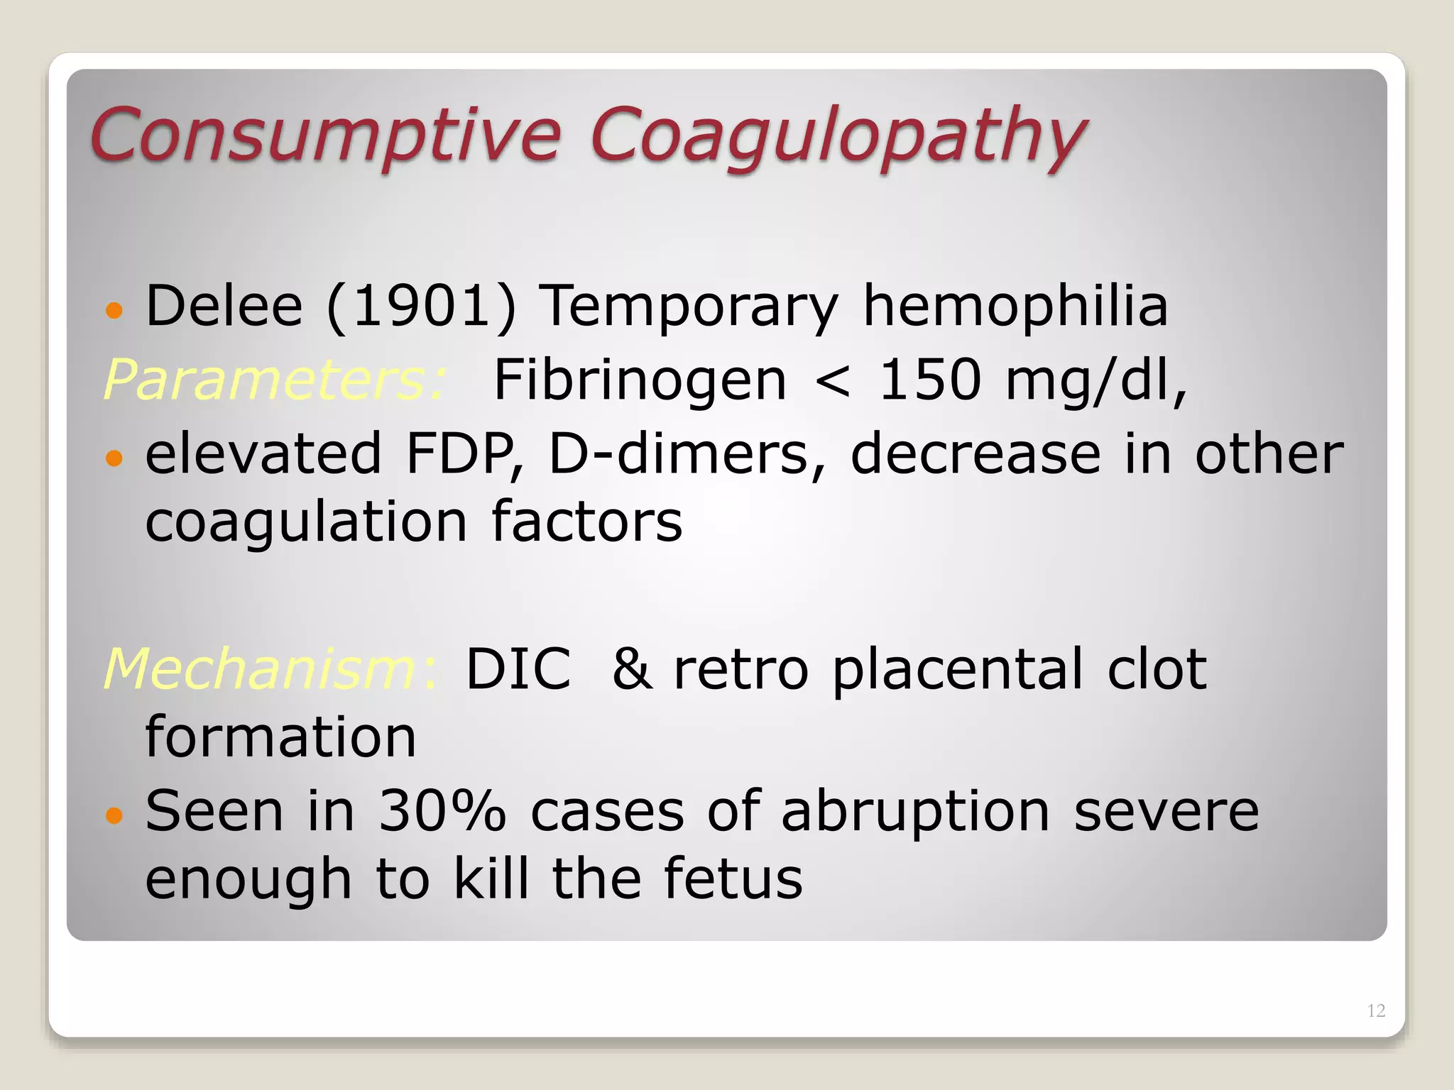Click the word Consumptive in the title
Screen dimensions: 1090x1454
click(325, 135)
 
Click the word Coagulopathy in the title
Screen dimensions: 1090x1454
click(838, 136)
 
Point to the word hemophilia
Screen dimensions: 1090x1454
click(1015, 307)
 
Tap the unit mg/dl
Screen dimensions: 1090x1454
click(1095, 381)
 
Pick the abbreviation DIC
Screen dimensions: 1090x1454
click(518, 668)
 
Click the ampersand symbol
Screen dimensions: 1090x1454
click(632, 668)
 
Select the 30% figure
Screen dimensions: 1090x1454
click(442, 811)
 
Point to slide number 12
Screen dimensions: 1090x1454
click(1376, 1011)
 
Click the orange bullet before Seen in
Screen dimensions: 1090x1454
click(114, 814)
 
